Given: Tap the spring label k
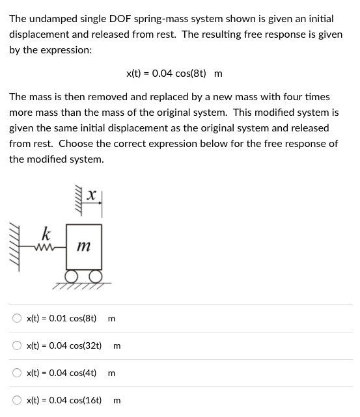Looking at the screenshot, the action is coord(46,232).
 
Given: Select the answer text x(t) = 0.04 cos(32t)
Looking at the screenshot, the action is coord(64,346).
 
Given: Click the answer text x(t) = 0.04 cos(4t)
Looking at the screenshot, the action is coord(61,373).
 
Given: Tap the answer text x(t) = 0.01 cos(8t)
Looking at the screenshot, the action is coord(61,319).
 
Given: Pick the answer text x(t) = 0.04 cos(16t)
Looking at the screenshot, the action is coord(64,401).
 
